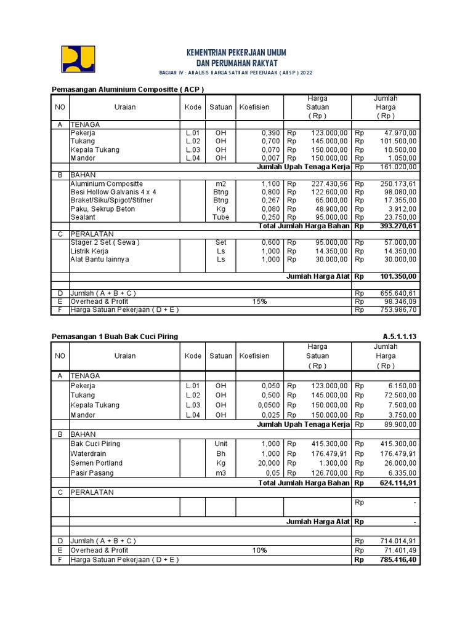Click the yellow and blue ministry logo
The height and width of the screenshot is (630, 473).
[x=78, y=60]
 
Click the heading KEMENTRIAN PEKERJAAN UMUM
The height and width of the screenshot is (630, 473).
[x=236, y=52]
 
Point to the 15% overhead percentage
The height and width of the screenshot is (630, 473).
[x=259, y=301]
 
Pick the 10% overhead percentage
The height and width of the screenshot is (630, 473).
[x=259, y=551]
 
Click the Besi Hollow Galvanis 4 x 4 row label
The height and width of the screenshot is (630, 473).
[x=113, y=192]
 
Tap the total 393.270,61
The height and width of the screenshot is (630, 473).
[x=394, y=226]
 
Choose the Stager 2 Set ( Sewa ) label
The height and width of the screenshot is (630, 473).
[x=105, y=242]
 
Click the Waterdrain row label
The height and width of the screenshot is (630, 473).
[x=88, y=453]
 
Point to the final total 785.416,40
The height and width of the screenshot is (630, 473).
[x=394, y=560]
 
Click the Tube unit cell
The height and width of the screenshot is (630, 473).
[x=220, y=217]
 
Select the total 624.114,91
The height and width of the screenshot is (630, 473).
[x=394, y=483]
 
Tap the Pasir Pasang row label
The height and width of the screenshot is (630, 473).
[x=92, y=473]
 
